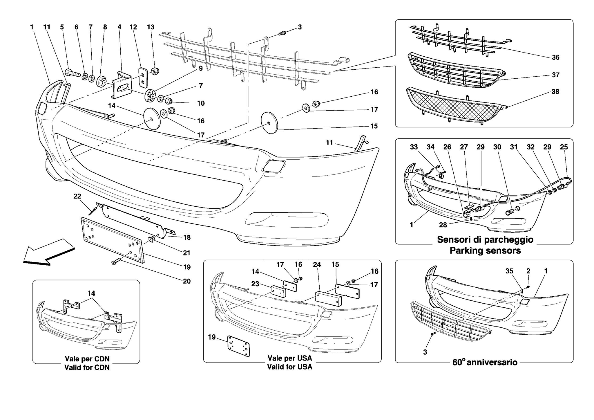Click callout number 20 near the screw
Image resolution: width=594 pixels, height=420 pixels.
186,281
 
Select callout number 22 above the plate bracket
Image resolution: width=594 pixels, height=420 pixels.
77,196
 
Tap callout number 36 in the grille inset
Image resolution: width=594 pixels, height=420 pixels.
555,57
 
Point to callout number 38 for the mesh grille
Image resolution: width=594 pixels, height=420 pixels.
555,91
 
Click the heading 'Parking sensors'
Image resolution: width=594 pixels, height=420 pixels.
485,250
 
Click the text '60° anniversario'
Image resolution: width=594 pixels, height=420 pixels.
485,362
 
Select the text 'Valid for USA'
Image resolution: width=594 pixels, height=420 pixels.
289,367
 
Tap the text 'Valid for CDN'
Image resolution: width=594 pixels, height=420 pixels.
87,367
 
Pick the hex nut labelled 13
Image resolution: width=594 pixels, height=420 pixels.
155,71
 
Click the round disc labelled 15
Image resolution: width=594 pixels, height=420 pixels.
269,123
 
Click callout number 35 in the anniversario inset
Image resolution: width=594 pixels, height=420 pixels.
509,271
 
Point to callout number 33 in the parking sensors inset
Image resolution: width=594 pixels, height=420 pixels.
414,147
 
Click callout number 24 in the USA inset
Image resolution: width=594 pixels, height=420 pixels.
317,264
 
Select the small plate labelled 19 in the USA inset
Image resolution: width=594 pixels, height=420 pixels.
238,346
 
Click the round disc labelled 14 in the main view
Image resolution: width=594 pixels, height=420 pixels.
152,119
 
